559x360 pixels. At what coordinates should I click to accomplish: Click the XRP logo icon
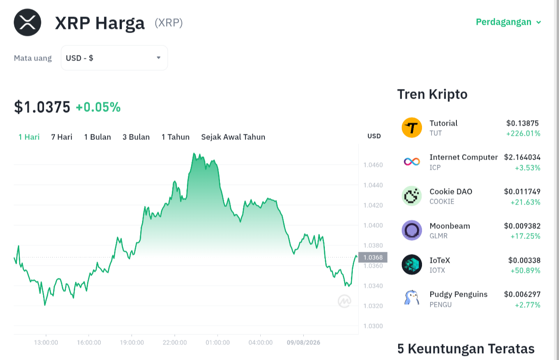[x=27, y=22]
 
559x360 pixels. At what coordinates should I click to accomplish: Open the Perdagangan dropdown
[x=508, y=22]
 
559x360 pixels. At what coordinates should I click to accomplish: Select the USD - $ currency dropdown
[x=114, y=58]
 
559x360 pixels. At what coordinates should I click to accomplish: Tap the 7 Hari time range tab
[x=62, y=137]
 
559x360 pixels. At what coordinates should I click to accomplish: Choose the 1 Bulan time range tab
[x=97, y=137]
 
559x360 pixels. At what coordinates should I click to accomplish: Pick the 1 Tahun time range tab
[x=175, y=137]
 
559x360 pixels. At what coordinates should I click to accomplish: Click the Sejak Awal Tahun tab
[x=233, y=137]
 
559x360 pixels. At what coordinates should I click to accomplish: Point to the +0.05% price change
[x=98, y=107]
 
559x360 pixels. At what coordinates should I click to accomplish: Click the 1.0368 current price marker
[x=373, y=257]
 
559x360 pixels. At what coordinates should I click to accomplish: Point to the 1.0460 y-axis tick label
[x=373, y=165]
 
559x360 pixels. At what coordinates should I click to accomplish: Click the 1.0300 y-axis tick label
[x=373, y=326]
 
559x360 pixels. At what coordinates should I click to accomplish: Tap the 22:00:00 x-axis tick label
[x=175, y=343]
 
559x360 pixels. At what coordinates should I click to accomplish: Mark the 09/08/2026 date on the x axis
[x=303, y=343]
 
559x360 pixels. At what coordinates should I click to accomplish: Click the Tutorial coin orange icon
[x=412, y=127]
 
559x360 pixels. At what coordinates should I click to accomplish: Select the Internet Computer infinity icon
[x=412, y=161]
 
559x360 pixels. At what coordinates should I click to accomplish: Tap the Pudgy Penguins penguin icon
[x=412, y=298]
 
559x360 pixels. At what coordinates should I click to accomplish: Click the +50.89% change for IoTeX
[x=525, y=271]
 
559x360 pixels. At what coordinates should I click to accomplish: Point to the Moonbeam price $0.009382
[x=522, y=226]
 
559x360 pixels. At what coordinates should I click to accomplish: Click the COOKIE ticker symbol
[x=442, y=202]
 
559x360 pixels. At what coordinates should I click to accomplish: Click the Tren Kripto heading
[x=432, y=94]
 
